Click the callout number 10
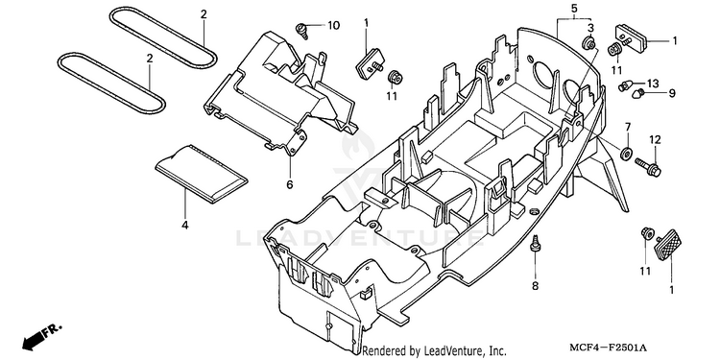point(333,25)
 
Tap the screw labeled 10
point(301,28)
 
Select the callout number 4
point(184,226)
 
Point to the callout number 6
point(289,184)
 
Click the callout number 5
point(574,9)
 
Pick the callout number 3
point(591,27)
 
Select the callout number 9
point(672,94)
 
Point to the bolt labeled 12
point(648,167)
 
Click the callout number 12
point(655,139)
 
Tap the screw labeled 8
point(535,243)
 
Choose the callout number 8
point(535,286)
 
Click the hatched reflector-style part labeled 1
point(668,245)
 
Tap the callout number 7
point(627,127)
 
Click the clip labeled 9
point(636,95)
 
